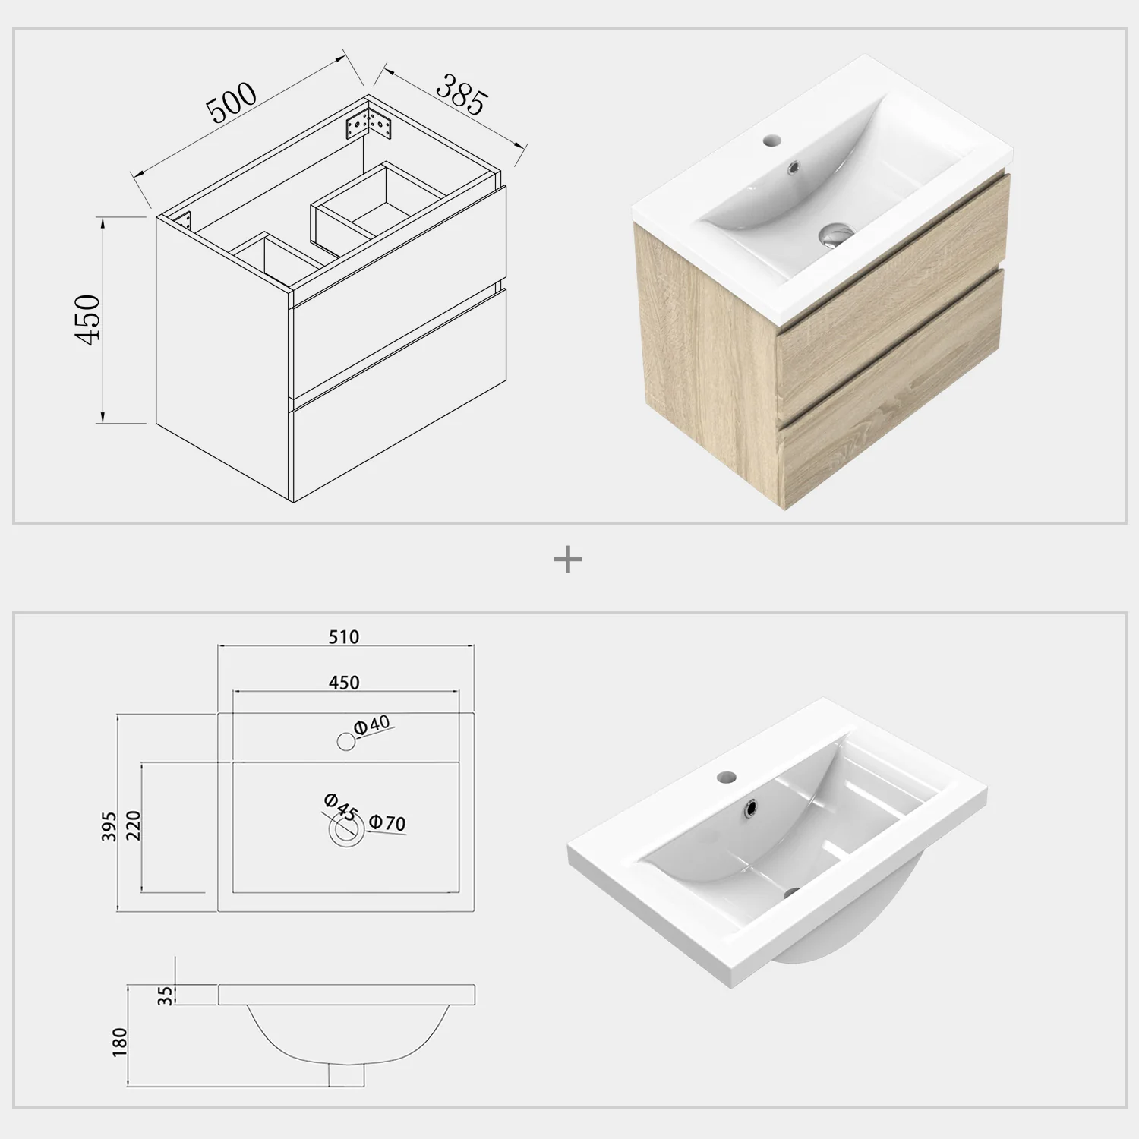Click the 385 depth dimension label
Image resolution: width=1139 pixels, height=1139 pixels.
(x=461, y=94)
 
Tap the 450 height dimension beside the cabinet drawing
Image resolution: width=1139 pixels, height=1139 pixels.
(x=88, y=319)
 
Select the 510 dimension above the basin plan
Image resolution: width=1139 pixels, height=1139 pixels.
(x=344, y=636)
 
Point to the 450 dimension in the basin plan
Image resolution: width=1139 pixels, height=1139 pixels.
(x=344, y=682)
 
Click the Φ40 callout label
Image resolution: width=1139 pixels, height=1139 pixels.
(x=373, y=724)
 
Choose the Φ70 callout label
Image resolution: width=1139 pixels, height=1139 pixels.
(x=388, y=822)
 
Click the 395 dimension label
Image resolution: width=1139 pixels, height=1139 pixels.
(x=109, y=826)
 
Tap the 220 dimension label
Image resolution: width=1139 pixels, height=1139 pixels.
(x=133, y=826)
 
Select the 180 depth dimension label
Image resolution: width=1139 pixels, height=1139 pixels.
(x=120, y=1043)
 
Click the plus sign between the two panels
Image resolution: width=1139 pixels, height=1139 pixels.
(x=568, y=561)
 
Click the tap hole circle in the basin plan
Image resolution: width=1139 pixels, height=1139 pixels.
(x=346, y=741)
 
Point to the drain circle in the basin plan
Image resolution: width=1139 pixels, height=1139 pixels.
(x=345, y=831)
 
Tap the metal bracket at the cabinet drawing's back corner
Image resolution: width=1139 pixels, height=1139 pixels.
(x=367, y=124)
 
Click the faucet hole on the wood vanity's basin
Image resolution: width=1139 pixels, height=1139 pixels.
(x=751, y=141)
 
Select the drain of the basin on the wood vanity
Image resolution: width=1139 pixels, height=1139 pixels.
(x=835, y=234)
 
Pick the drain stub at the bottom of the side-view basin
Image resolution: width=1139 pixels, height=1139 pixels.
(x=345, y=1074)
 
